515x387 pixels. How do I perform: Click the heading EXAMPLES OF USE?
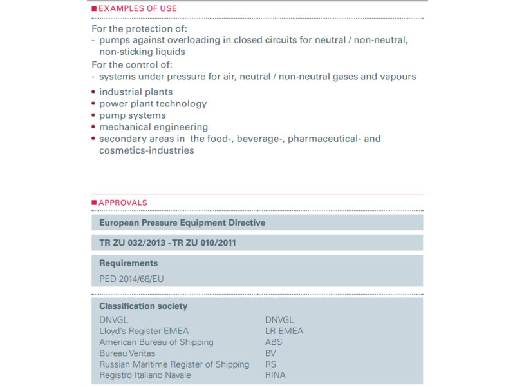137,8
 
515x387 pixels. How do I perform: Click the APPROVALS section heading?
123,203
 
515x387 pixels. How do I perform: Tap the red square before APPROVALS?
94,203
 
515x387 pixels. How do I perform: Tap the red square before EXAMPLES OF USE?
94,8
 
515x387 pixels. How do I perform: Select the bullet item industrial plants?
136,92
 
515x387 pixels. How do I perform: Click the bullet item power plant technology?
153,104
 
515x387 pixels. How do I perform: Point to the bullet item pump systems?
132,115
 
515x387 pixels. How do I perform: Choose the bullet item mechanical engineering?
153,127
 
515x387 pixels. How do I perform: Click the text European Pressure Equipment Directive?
182,223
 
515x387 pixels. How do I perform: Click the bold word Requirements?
128,263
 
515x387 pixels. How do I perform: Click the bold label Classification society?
144,306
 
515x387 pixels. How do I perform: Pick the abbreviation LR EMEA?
284,331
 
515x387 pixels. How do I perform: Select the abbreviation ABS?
274,342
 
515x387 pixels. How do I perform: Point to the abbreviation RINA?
275,375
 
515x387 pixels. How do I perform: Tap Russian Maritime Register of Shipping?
174,364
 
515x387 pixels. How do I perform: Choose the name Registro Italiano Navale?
144,375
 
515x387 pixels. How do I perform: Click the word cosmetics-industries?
146,150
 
